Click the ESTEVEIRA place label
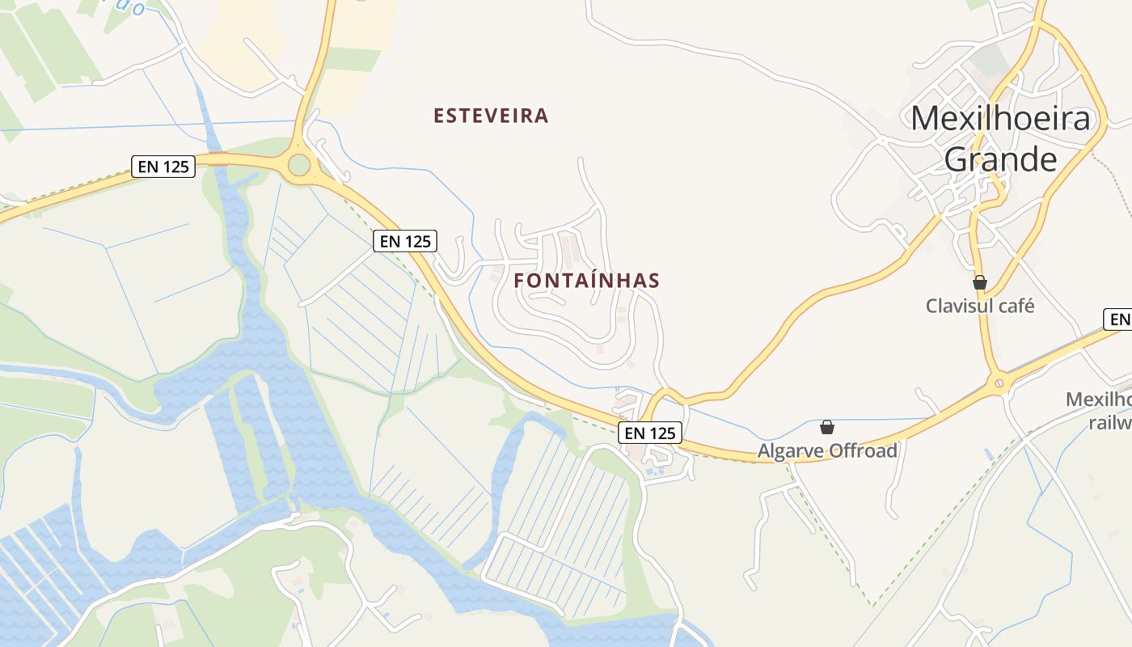coord(491,116)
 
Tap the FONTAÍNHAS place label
coord(586,281)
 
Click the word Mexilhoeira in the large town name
coord(1000,119)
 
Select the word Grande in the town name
coord(1000,159)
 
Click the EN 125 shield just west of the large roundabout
coord(163,167)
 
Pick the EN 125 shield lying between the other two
coord(404,240)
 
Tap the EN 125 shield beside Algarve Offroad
coord(650,433)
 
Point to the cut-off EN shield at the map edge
coord(1118,319)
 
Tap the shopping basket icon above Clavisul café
coord(980,282)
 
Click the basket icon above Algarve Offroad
coord(827,426)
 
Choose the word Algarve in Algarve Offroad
coord(788,450)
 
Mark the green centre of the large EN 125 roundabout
coord(299,165)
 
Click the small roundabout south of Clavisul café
coord(999,381)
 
